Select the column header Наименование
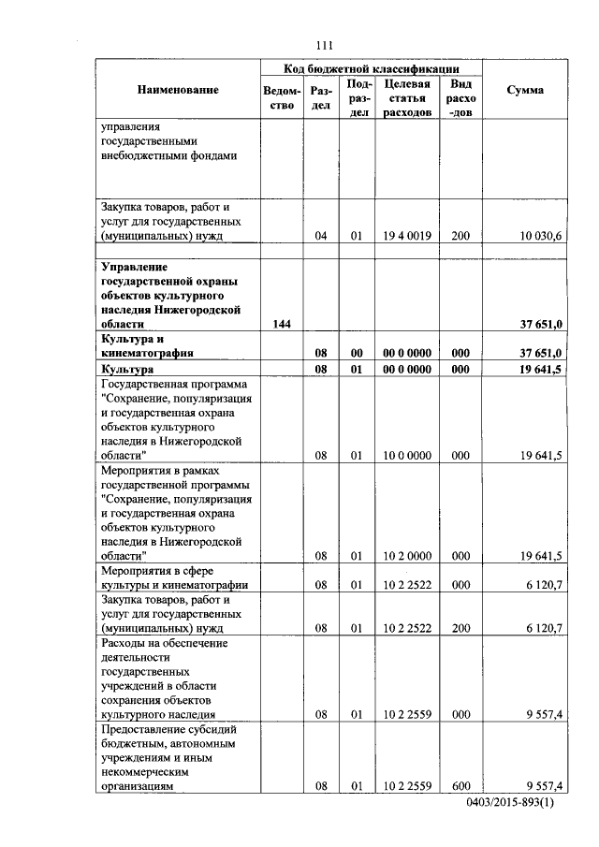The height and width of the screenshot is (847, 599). pyautogui.click(x=178, y=90)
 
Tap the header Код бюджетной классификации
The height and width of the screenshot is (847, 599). pyautogui.click(x=372, y=69)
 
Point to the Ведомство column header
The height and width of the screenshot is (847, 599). pyautogui.click(x=283, y=97)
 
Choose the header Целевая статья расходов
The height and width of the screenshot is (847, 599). pyautogui.click(x=406, y=97)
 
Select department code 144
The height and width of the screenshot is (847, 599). pyautogui.click(x=282, y=324)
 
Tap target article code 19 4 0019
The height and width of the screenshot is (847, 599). pyautogui.click(x=406, y=236)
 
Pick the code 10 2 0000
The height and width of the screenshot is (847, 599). pyautogui.click(x=406, y=555)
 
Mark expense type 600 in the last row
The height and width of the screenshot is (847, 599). pyautogui.click(x=460, y=786)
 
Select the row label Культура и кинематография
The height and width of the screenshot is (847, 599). pyautogui.click(x=150, y=345)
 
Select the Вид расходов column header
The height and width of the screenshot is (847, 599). pyautogui.click(x=460, y=97)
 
